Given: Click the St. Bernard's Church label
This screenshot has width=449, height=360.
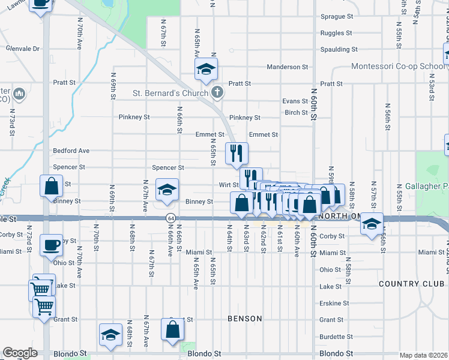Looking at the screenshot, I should [x=169, y=93].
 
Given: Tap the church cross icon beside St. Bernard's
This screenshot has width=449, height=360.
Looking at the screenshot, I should [x=217, y=92].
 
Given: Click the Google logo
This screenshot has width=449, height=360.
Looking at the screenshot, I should [x=20, y=353].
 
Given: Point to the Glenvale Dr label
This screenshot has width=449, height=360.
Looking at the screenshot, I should [x=23, y=49].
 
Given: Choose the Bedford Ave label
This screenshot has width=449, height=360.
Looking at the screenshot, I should [x=71, y=151].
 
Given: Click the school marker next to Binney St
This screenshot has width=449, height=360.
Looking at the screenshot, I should [x=167, y=190].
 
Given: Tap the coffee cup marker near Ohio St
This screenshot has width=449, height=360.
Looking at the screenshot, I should [x=51, y=245].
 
